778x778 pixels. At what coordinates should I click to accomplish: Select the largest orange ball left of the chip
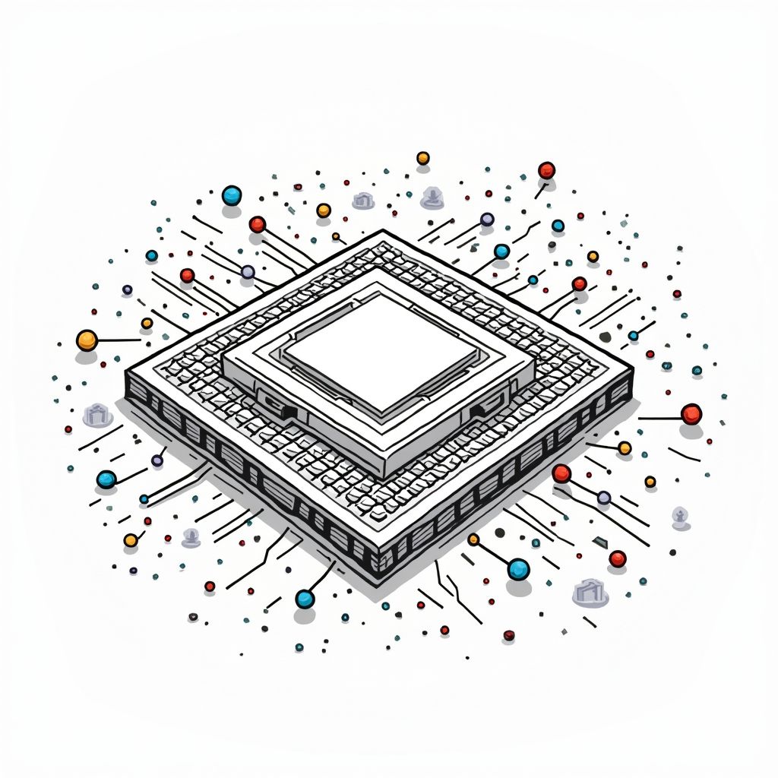[87, 340]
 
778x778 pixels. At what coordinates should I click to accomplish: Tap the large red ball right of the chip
[691, 414]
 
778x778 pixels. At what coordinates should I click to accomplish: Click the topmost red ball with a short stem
[546, 170]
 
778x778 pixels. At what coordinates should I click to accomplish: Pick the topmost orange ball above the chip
[423, 158]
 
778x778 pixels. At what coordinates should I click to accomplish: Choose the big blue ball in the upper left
[231, 196]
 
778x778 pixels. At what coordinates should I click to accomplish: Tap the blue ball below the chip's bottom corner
[305, 599]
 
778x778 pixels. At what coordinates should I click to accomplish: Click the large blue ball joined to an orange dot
[518, 568]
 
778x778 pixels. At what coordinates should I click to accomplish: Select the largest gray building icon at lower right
[590, 592]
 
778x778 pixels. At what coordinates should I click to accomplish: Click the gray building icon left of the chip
[97, 415]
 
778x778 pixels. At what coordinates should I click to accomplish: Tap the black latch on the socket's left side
[289, 411]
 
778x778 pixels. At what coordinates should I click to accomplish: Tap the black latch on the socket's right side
[479, 411]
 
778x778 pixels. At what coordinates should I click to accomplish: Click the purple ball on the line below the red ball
[604, 498]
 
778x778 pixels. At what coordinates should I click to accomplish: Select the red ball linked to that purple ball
[561, 474]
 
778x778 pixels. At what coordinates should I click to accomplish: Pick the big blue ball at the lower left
[106, 479]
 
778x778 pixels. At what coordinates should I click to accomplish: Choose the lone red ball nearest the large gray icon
[618, 558]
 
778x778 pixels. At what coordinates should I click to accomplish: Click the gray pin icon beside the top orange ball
[432, 198]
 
